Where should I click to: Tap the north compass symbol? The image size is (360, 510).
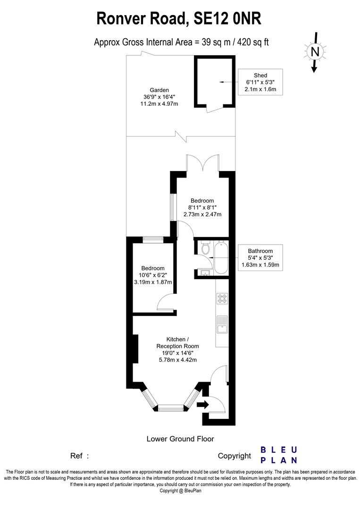tap(315, 51)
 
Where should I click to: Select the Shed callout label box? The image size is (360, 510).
tap(260, 82)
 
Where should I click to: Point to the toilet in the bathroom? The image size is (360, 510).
tap(205, 248)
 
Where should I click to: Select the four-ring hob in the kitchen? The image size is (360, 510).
tap(222, 298)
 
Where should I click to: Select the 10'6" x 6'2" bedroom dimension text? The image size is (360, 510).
tap(152, 275)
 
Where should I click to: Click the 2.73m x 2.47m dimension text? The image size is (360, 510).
tap(202, 214)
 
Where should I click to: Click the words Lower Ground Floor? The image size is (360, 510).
tap(180, 439)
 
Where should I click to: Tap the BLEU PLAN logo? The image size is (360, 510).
tap(279, 455)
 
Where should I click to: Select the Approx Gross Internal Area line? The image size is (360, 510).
tap(181, 42)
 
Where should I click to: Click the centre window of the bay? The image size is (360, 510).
tap(170, 407)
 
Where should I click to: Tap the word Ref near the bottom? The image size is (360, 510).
tap(77, 456)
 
